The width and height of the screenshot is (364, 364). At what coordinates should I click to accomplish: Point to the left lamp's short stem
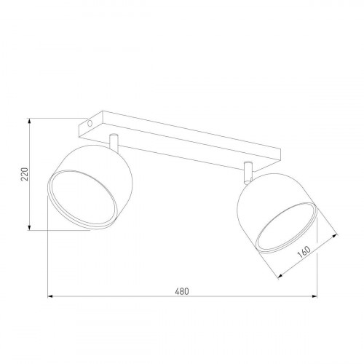(113, 142)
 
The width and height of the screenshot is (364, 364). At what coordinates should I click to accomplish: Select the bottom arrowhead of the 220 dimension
(28, 229)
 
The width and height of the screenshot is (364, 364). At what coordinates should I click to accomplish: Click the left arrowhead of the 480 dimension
(52, 297)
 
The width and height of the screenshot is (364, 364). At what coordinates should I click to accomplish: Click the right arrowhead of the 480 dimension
(314, 297)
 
